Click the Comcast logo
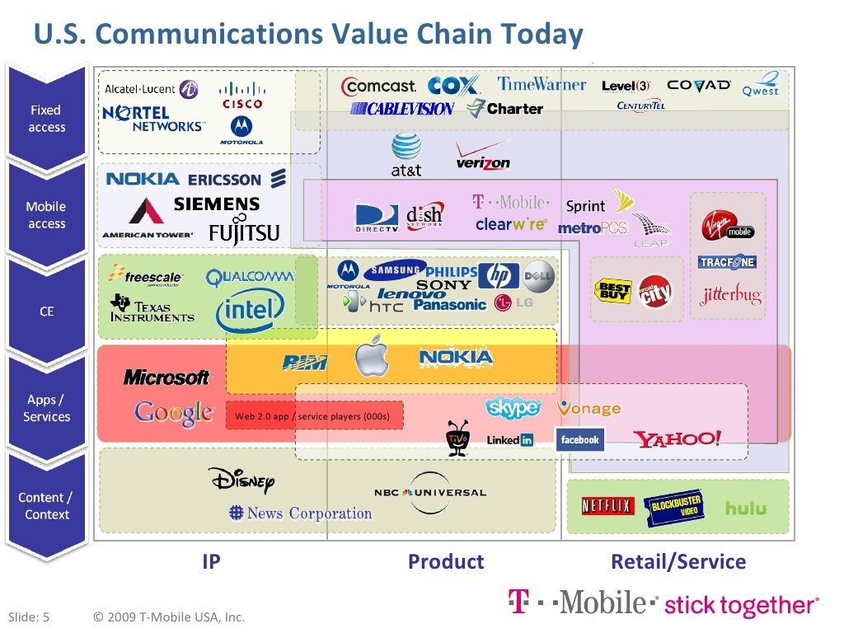pyautogui.click(x=379, y=86)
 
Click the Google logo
pyautogui.click(x=174, y=412)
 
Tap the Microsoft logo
pyautogui.click(x=166, y=377)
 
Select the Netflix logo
pyautogui.click(x=607, y=506)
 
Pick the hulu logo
pyautogui.click(x=745, y=509)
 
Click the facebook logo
pyautogui.click(x=580, y=440)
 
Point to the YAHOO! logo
pyautogui.click(x=678, y=438)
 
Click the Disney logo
pyautogui.click(x=241, y=480)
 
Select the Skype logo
pyautogui.click(x=513, y=407)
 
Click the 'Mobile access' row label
pyautogui.click(x=46, y=215)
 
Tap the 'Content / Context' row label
pyautogui.click(x=46, y=506)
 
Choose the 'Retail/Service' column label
pyautogui.click(x=678, y=562)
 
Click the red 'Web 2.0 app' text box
pyautogui.click(x=314, y=416)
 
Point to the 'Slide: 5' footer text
pyautogui.click(x=29, y=617)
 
